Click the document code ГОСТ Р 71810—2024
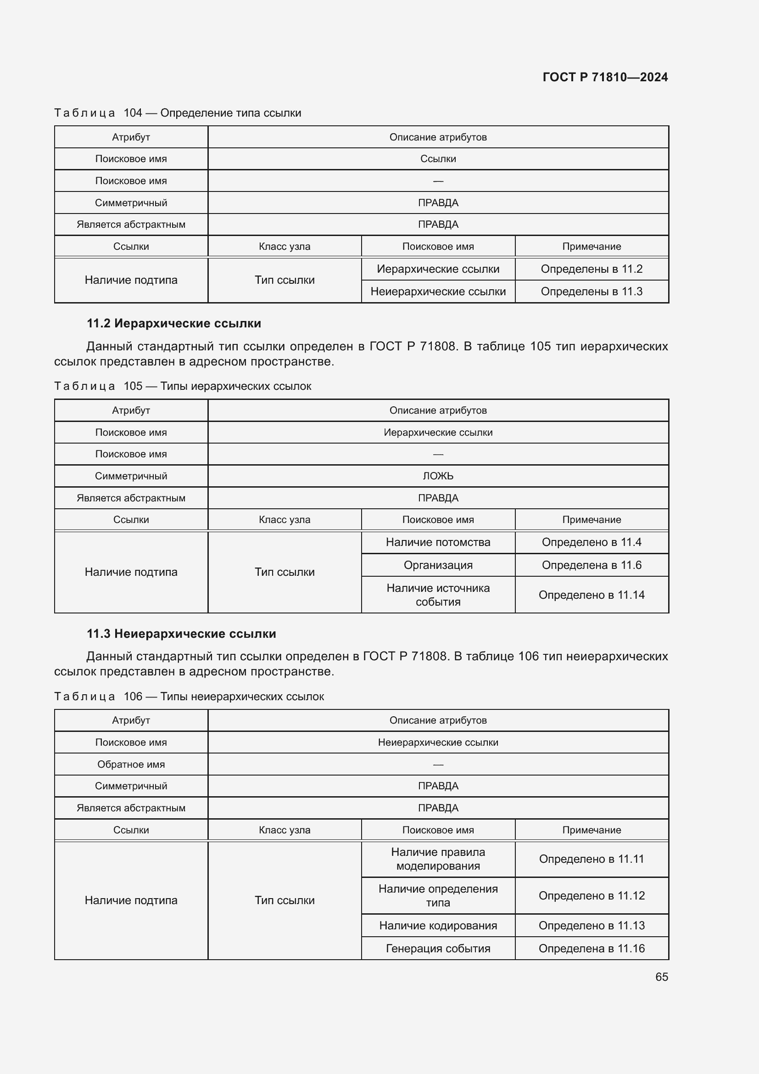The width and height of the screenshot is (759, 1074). click(605, 77)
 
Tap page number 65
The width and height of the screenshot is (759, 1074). click(661, 977)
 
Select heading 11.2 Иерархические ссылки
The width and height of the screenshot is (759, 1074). click(174, 323)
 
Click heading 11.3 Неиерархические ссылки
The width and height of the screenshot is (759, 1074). click(181, 633)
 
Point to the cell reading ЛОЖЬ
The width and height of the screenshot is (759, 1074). click(438, 476)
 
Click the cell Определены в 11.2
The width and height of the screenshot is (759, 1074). click(591, 269)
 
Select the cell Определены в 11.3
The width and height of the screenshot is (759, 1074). click(591, 292)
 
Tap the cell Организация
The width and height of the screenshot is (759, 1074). click(438, 565)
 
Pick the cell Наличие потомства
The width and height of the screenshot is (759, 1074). click(438, 542)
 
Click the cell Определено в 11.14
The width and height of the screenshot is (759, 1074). click(591, 595)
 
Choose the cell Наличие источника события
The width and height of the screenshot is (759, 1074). click(438, 595)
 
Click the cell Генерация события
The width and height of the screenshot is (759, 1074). click(438, 948)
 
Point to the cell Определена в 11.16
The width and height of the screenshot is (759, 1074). click(591, 948)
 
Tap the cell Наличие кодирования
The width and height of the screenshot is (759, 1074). click(438, 925)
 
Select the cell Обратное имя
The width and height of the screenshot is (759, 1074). click(131, 765)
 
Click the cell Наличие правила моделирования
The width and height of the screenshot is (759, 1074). click(438, 859)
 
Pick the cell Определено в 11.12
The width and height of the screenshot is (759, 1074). click(591, 895)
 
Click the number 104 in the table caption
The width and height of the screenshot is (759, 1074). click(133, 113)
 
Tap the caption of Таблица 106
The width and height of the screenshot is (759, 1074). click(189, 697)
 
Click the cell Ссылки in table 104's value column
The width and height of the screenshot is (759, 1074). click(438, 158)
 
